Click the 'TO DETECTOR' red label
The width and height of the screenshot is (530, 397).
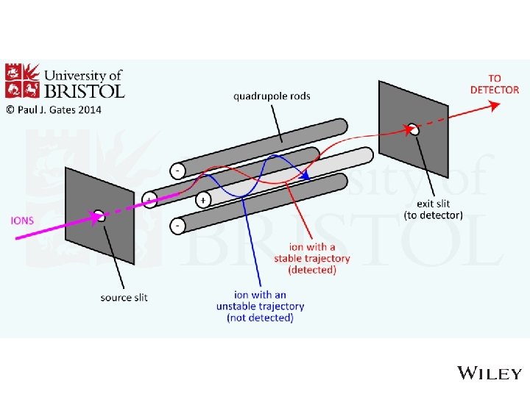[494, 84]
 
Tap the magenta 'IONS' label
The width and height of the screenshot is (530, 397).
[21, 220]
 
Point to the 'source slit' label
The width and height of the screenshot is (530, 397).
[124, 297]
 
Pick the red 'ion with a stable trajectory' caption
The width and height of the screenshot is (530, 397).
[311, 259]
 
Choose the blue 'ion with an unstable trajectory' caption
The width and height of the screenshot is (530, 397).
[260, 306]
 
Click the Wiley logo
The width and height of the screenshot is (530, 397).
[490, 373]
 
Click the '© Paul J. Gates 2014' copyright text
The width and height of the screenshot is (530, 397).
[54, 110]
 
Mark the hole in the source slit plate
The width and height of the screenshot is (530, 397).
[99, 216]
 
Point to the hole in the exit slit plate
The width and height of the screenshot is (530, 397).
[414, 129]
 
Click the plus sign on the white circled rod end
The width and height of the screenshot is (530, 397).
[202, 199]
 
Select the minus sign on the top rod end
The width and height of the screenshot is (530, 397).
[177, 171]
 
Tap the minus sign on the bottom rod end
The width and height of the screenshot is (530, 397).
[177, 226]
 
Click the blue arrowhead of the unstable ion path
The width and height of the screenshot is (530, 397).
[304, 175]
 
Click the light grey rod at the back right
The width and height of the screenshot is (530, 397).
[346, 161]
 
